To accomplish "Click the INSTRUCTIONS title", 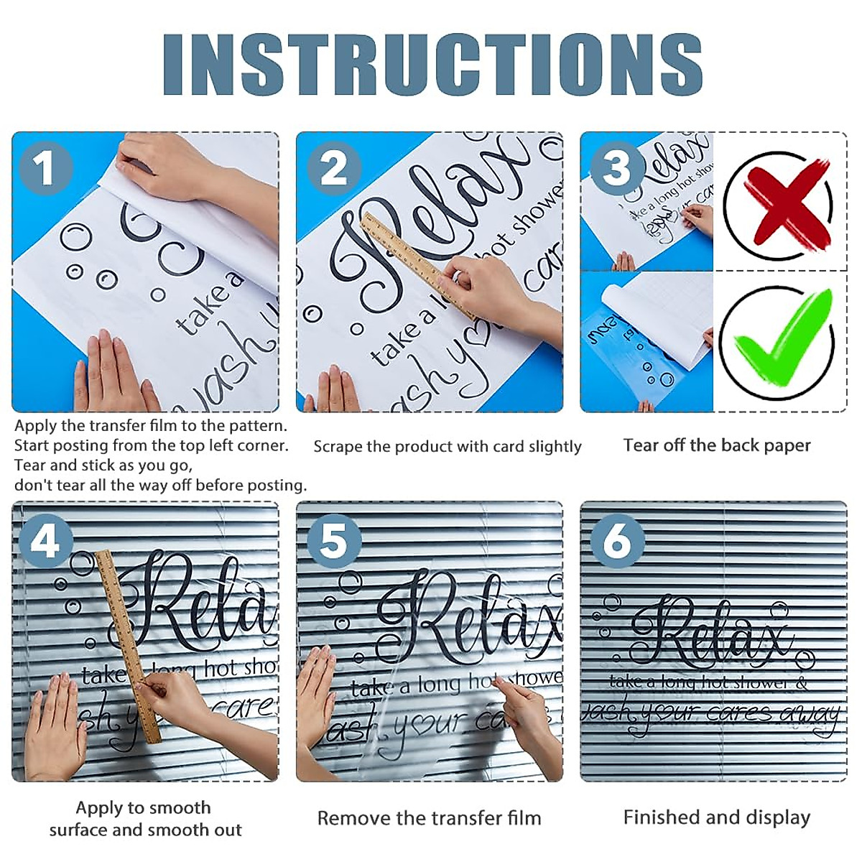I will (x=432, y=65).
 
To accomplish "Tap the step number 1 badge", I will (x=46, y=169).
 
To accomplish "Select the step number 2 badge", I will (x=333, y=169).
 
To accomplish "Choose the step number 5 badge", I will (x=333, y=540).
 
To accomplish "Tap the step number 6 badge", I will (x=616, y=540).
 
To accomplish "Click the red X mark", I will (x=779, y=205).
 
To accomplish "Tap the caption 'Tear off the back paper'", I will (x=716, y=445).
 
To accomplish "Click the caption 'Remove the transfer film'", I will (x=429, y=818).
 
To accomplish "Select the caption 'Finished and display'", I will (x=716, y=817).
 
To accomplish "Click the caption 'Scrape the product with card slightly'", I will (x=447, y=447).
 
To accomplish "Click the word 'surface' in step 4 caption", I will (x=78, y=830).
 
